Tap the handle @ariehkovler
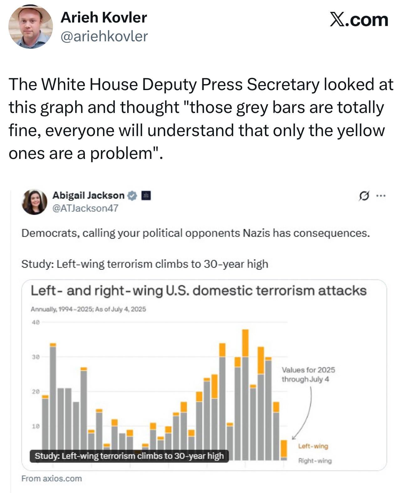pos(104,37)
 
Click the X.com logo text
pos(359,20)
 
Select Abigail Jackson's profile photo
pos(34,202)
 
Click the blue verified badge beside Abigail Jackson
pos(132,196)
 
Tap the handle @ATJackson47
pos(85,208)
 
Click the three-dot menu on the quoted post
pos(381,196)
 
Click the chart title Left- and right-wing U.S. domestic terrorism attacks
pos(199,291)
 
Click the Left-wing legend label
pos(313,446)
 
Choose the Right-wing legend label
pos(315,461)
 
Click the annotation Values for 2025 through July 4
pos(308,374)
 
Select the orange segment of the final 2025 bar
pos(284,449)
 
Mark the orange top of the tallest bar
pos(246,343)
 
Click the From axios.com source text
pos(51,479)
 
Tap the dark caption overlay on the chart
pos(129,456)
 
